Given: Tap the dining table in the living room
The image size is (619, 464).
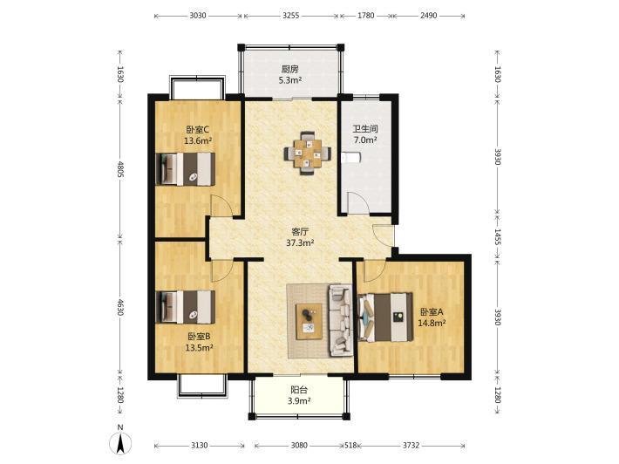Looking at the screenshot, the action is pyautogui.click(x=308, y=153).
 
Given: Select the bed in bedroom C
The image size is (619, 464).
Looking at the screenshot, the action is pyautogui.click(x=186, y=169).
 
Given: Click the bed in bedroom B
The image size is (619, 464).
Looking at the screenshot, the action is pyautogui.click(x=186, y=307).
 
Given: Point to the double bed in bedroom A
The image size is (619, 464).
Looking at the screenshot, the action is pyautogui.click(x=385, y=317).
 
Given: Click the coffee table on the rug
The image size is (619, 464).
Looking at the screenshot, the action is pyautogui.click(x=309, y=321).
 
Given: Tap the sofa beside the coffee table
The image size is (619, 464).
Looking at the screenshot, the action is pyautogui.click(x=341, y=319).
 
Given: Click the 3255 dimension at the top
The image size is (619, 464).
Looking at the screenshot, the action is pyautogui.click(x=291, y=16).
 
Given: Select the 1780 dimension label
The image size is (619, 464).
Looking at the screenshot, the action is pyautogui.click(x=365, y=16).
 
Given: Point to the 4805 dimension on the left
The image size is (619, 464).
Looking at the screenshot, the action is pyautogui.click(x=121, y=168).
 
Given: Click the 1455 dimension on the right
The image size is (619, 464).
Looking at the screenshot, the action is pyautogui.click(x=498, y=237).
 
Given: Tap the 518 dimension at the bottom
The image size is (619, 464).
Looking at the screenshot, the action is pyautogui.click(x=350, y=446).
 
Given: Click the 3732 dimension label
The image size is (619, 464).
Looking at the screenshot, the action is pyautogui.click(x=411, y=446).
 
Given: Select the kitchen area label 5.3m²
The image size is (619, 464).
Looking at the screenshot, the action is pyautogui.click(x=290, y=80).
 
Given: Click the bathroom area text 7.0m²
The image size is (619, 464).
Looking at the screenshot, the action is pyautogui.click(x=365, y=140).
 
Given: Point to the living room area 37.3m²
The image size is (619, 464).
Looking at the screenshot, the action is pyautogui.click(x=300, y=242).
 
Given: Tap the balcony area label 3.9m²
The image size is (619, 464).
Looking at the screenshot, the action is pyautogui.click(x=298, y=401).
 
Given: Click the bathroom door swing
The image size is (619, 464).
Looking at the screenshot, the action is pyautogui.click(x=358, y=203).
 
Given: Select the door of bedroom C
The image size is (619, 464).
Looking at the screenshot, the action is pyautogui.click(x=221, y=206).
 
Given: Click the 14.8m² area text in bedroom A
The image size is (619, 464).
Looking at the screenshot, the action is pyautogui.click(x=432, y=323).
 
